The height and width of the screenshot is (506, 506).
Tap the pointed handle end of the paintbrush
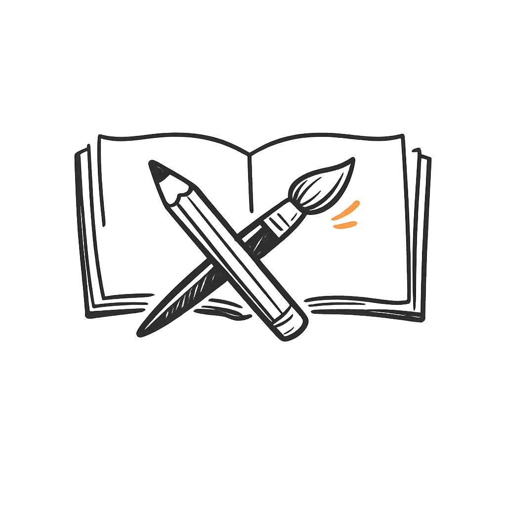click(x=143, y=332)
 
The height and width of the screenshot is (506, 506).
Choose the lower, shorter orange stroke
click(x=345, y=225)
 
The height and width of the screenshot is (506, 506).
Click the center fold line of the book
click(x=250, y=183)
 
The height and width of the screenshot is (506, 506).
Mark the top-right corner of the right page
click(x=402, y=136)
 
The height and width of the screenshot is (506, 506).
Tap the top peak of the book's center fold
click(x=250, y=153)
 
